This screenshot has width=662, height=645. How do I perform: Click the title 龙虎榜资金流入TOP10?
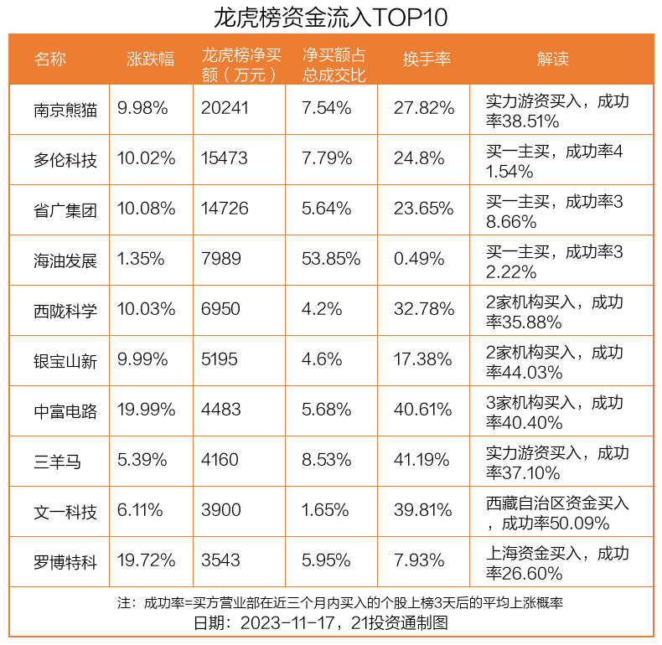[x=331, y=17]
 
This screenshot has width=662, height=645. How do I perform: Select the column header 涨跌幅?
[x=151, y=59]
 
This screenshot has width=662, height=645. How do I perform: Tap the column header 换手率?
[x=427, y=59]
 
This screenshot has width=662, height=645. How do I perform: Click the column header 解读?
[x=553, y=59]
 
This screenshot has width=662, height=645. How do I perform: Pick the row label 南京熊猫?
[x=65, y=110]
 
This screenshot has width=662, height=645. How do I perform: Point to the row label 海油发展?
[x=65, y=261]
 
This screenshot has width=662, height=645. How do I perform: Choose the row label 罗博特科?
[x=65, y=562]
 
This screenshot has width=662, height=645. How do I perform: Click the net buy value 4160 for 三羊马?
[x=220, y=461]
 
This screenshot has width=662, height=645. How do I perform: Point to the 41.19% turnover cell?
[x=424, y=461]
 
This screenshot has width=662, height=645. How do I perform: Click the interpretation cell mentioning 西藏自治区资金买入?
[x=556, y=513]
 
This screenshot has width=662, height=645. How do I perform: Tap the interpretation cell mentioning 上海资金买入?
[x=556, y=563]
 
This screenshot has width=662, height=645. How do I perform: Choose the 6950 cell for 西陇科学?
[x=220, y=310]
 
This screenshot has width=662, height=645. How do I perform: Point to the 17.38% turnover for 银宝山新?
[x=424, y=360]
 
